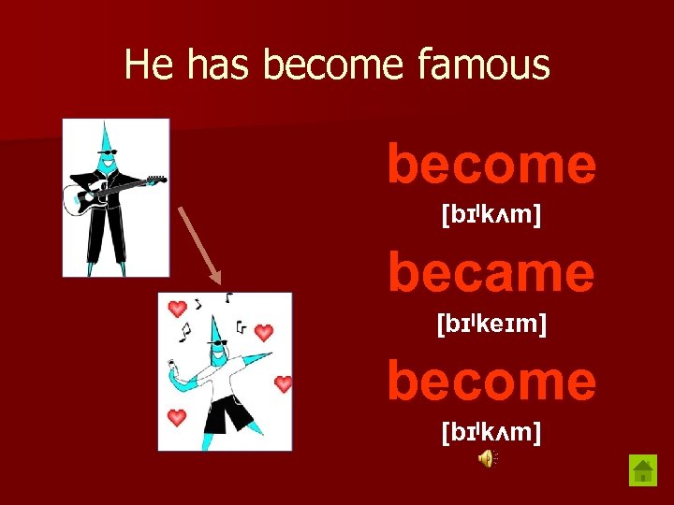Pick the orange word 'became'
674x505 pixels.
point(491,272)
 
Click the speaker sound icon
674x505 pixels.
point(488,457)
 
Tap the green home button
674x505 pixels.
point(642,469)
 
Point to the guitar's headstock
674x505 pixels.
point(156,179)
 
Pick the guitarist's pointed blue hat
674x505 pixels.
point(107,136)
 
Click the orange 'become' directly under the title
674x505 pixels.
point(491,165)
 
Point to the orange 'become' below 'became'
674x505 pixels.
point(491,381)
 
